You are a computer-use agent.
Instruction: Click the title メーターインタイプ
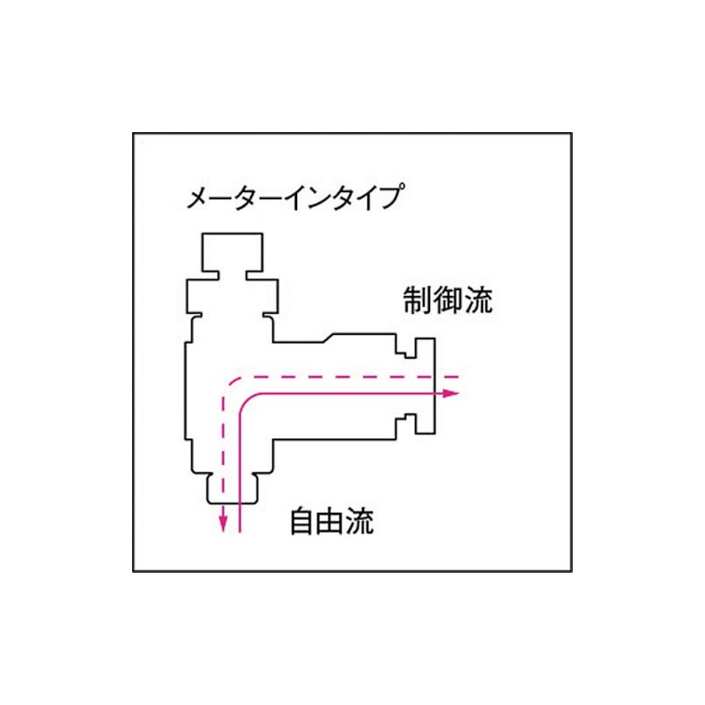click(x=295, y=197)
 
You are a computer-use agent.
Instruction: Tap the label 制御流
click(x=448, y=301)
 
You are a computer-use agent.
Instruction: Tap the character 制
click(x=418, y=301)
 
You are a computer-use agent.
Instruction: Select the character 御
click(x=448, y=301)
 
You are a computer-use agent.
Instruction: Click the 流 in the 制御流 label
click(x=478, y=301)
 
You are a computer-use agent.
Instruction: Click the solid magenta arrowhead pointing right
click(x=451, y=392)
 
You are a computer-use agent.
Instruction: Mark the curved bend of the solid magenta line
click(x=248, y=400)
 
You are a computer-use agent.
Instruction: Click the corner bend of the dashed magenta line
click(x=227, y=381)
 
